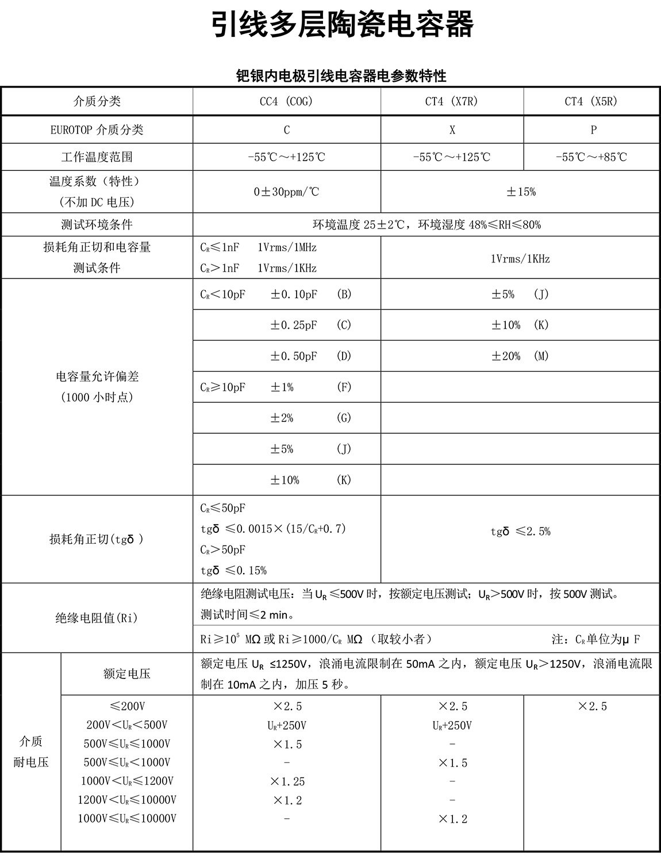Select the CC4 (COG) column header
(286, 101)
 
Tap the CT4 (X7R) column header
(452, 101)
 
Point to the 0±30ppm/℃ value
(286, 192)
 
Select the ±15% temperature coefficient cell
(521, 192)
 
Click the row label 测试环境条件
(97, 224)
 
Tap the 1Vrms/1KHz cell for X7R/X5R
(520, 259)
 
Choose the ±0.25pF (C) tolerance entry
(310, 325)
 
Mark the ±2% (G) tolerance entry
(310, 418)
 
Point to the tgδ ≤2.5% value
(520, 532)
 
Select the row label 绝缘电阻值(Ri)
(97, 618)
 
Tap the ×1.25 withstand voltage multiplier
(287, 781)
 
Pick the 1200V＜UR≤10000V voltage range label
(127, 800)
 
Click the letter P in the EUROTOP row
(593, 129)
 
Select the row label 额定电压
(127, 674)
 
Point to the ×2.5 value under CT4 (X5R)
(592, 706)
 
